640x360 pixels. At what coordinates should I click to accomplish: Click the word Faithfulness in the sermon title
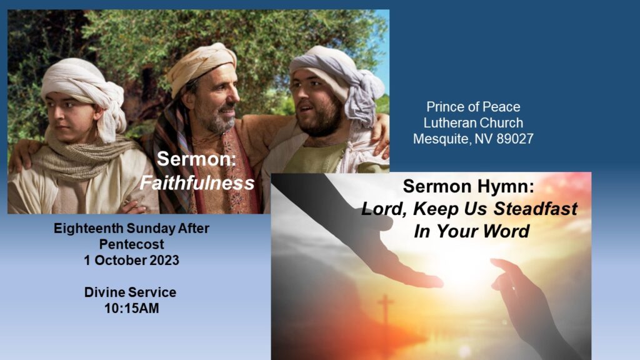(x=197, y=183)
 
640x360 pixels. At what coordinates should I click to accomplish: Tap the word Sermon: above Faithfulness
(x=196, y=159)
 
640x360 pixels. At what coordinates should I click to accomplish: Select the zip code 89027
(x=515, y=139)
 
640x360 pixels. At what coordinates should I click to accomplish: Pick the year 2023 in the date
(x=164, y=261)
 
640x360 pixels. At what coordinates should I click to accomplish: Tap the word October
(x=118, y=261)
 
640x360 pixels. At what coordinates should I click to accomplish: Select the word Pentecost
(x=131, y=244)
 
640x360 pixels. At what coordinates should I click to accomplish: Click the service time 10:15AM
(x=131, y=309)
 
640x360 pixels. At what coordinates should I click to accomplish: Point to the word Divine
(x=103, y=292)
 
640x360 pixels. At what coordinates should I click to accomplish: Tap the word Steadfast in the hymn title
(x=536, y=209)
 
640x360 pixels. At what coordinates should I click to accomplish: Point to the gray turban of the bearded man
(x=339, y=77)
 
